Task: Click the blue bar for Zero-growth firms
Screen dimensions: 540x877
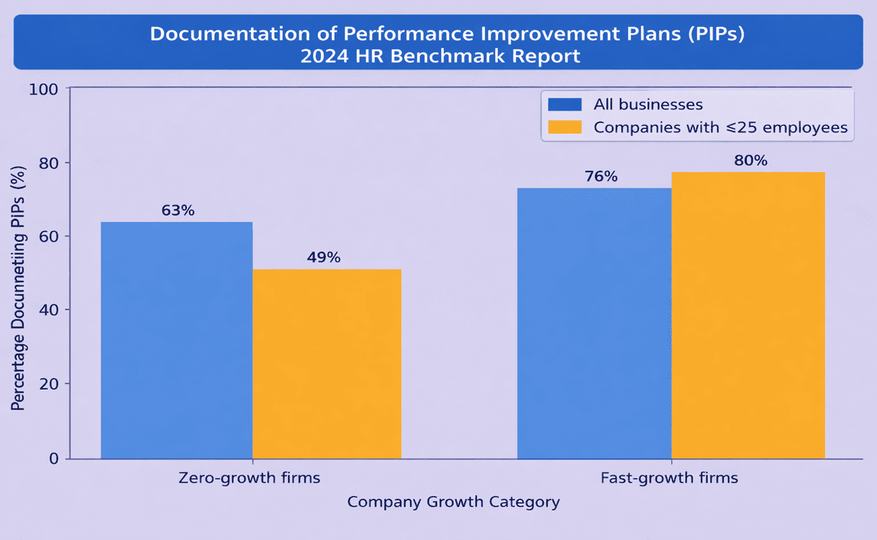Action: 177,340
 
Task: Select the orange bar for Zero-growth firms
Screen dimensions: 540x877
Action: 327,364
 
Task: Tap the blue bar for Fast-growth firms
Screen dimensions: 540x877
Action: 594,323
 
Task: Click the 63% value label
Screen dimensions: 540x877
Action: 178,210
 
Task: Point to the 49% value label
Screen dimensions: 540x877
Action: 324,257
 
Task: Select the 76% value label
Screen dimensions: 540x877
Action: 600,176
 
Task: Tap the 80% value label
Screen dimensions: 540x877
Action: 751,161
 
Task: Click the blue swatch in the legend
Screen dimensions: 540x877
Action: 565,105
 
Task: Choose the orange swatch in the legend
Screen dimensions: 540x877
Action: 565,127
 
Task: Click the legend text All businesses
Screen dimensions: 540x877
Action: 648,105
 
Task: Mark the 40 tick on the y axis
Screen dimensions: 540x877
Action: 51,310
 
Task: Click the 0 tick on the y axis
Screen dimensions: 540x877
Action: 55,459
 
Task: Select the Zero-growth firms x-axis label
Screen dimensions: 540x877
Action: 249,479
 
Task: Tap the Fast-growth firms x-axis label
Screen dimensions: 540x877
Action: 669,479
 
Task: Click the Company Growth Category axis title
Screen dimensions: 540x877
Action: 453,502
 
